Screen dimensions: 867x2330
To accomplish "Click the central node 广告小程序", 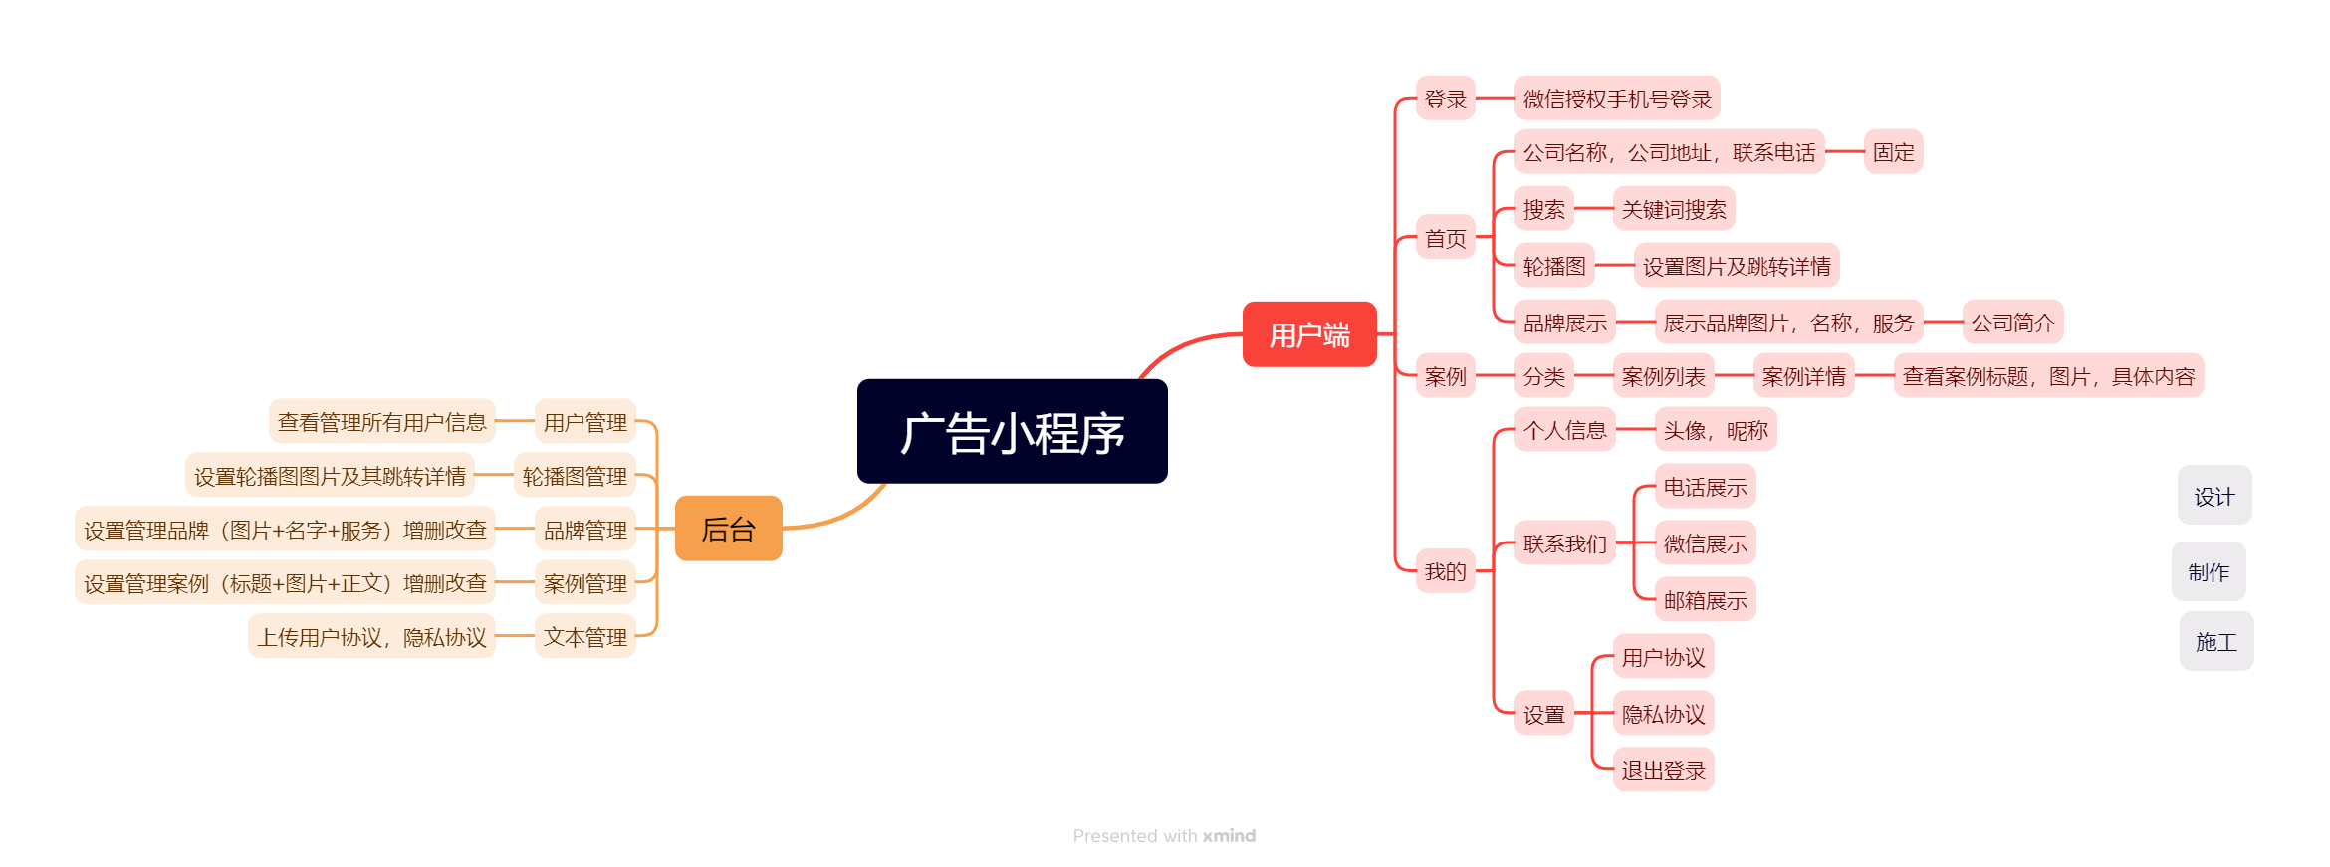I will click(1012, 432).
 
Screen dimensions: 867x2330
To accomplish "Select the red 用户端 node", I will click(1308, 334).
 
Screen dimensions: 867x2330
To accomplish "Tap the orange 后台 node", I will click(728, 529).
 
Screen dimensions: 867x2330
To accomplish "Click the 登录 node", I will click(1445, 99).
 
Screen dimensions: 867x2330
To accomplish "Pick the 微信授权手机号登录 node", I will click(1616, 99).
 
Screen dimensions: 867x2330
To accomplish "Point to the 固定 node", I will click(1892, 152).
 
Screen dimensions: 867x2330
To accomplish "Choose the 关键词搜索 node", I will click(1673, 209).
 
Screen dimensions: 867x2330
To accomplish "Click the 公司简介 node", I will click(2011, 323).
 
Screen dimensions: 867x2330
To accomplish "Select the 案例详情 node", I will click(1802, 376).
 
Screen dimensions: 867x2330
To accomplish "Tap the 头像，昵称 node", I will click(1715, 430).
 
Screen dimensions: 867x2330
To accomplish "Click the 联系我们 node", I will click(1564, 543).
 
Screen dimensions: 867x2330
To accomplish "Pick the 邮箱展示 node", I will click(1704, 600).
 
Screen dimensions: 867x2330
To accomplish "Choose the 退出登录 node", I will click(1662, 770).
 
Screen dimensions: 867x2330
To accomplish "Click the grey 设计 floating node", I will click(2213, 496).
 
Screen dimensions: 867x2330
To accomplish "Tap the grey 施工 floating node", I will click(2215, 641).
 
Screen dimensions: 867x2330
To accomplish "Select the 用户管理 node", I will click(584, 422).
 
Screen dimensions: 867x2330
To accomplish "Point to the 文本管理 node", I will click(584, 637).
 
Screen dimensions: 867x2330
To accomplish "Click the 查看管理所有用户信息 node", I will click(381, 422).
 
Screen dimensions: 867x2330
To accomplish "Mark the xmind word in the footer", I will click(1229, 836).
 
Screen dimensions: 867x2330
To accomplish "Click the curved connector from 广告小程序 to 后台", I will click(846, 511).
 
